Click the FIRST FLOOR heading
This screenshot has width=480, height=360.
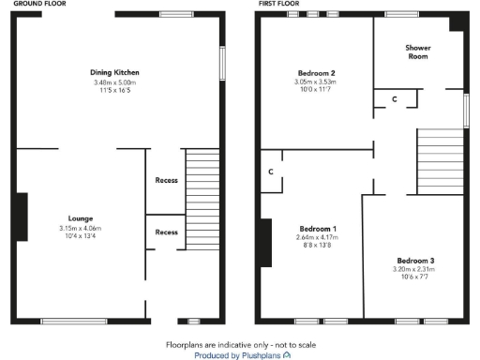[278, 5]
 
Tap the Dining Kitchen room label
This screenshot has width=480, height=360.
[114, 72]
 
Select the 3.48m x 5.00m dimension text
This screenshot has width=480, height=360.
[114, 82]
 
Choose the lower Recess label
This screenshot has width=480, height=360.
[166, 232]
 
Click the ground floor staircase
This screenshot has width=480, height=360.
[201, 197]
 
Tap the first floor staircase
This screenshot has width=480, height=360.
[440, 160]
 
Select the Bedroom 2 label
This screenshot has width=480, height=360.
[317, 72]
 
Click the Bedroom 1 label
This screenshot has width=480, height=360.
[317, 229]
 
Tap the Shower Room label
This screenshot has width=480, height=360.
[418, 52]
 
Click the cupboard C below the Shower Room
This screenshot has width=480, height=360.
[394, 97]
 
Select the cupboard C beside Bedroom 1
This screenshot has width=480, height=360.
[270, 172]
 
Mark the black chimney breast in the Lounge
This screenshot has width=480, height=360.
[22, 217]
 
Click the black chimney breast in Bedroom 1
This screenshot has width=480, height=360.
[266, 241]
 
